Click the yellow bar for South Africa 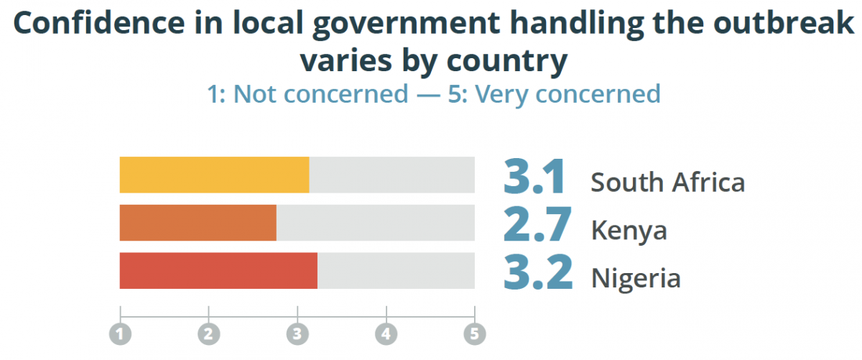214,175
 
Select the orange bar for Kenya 198,223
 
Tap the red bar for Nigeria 218,270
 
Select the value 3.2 538,273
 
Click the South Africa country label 667,183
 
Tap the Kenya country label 629,231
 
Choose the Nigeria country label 635,278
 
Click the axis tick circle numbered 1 120,333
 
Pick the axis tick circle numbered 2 208,333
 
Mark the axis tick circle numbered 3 297,333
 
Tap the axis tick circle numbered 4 386,333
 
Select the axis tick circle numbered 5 474,333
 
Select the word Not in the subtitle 256,93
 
